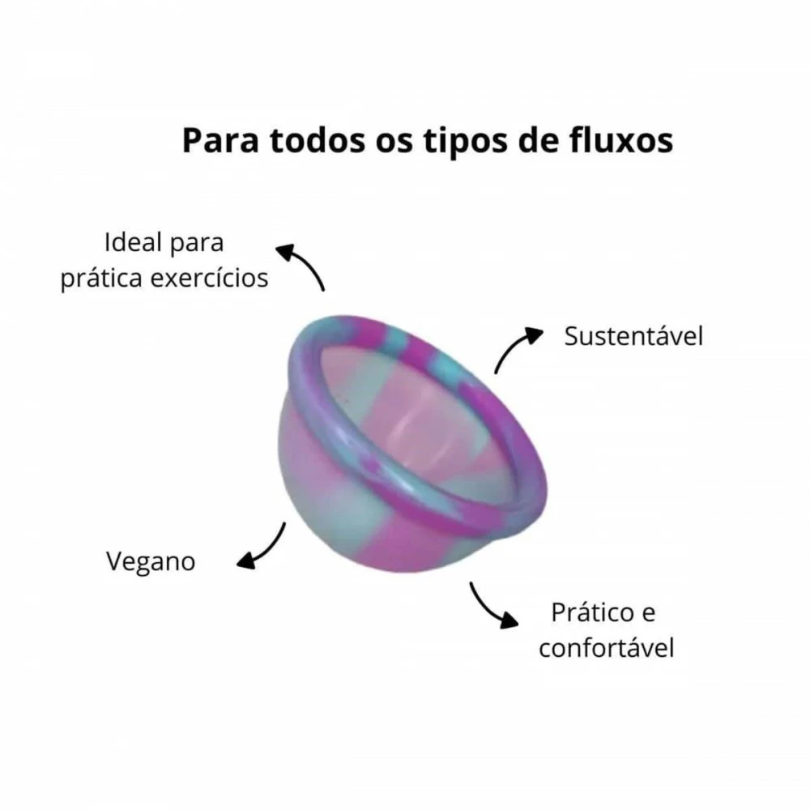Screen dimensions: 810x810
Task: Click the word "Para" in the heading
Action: point(220,141)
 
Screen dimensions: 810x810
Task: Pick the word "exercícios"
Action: point(209,278)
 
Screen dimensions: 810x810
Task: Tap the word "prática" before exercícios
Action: point(101,279)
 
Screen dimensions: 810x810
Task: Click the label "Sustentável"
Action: point(634,336)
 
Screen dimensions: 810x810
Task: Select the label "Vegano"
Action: point(151,561)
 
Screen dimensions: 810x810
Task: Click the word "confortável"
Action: point(607,647)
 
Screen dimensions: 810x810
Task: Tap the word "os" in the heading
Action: point(394,143)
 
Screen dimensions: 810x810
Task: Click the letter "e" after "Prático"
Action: point(649,615)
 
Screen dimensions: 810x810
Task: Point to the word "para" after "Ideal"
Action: point(197,245)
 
